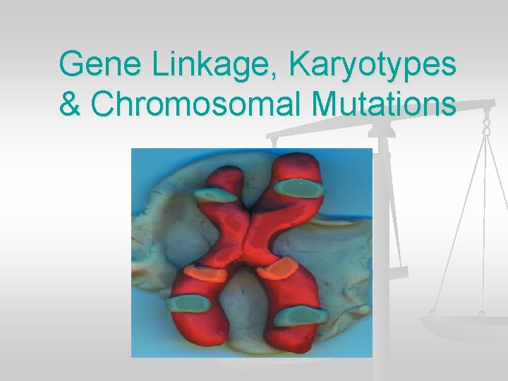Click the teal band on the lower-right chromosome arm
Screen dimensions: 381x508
tap(301, 317)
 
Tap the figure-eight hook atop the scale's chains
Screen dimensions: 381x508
tap(486, 126)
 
